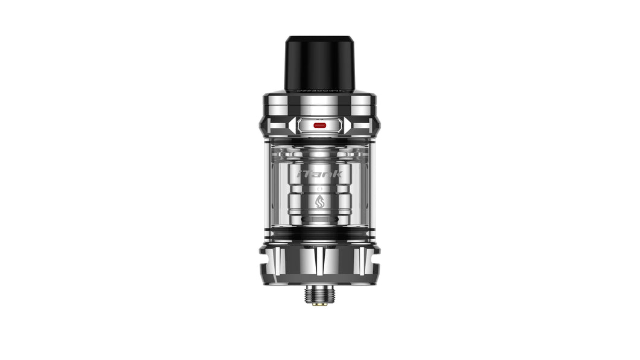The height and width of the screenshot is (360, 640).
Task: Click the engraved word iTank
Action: coord(320,174)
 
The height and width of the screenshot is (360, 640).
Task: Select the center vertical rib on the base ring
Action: coord(320,266)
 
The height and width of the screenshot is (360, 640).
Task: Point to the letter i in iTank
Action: coord(300,174)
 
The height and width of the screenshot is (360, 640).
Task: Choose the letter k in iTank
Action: coord(339,174)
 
